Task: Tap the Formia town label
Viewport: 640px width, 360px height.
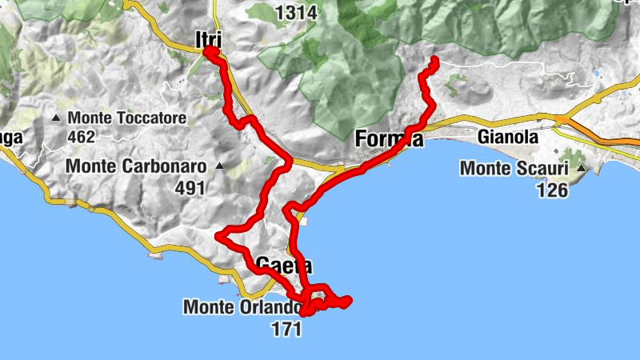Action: coord(388,139)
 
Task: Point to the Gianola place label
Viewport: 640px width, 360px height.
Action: coord(507,137)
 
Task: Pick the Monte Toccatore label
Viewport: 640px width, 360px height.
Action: coord(127,118)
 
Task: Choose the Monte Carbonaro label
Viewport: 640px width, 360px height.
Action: coord(137,166)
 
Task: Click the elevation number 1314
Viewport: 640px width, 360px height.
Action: coord(296,13)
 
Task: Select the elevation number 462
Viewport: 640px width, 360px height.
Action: coord(82,138)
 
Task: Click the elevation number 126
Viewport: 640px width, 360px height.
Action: coord(552,190)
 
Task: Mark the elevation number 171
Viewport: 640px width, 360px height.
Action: coord(286,328)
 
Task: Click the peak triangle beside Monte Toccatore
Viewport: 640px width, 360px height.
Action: coord(56,118)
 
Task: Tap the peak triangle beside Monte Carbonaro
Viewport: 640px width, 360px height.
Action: coord(219,166)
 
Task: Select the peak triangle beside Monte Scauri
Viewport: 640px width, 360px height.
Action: coord(582,169)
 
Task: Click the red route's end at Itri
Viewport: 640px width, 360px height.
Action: coord(210,52)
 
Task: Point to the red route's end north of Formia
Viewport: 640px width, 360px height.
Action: coord(435,60)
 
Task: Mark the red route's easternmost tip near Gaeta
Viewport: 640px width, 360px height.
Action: coord(348,302)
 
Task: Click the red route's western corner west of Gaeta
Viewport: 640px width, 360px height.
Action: coord(220,234)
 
